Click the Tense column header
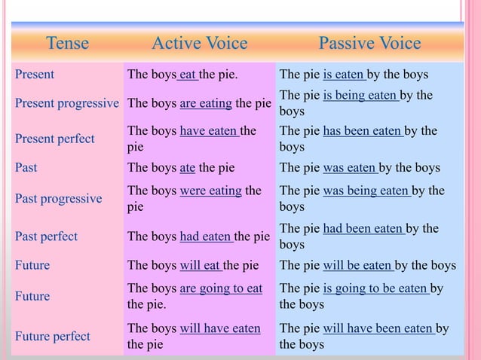(x=67, y=44)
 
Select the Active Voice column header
(x=199, y=44)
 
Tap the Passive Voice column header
(x=369, y=44)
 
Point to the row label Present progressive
(x=67, y=103)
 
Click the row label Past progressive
(x=58, y=199)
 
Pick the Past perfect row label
(x=46, y=236)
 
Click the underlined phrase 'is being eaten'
(x=360, y=95)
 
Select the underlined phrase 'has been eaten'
(x=363, y=131)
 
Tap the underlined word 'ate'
(x=188, y=167)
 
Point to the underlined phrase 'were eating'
(x=210, y=191)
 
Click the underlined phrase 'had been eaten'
(x=363, y=228)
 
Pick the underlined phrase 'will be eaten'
(x=357, y=265)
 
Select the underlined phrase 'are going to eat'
(x=221, y=288)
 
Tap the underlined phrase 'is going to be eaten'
(x=375, y=288)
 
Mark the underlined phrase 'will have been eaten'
(x=378, y=328)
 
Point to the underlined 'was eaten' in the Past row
(x=350, y=167)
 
